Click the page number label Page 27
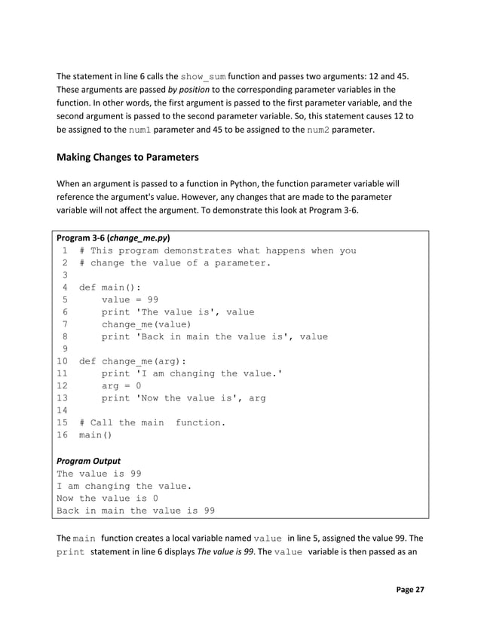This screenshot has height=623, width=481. pos(410,589)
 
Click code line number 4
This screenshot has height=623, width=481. pos(66,287)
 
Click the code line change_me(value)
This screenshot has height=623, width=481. pos(146,324)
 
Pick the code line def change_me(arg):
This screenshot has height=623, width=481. pos(133,361)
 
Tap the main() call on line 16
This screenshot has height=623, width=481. pos(96,435)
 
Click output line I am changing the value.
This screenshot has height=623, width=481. pos(124,486)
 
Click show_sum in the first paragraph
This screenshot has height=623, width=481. pos(203,77)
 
